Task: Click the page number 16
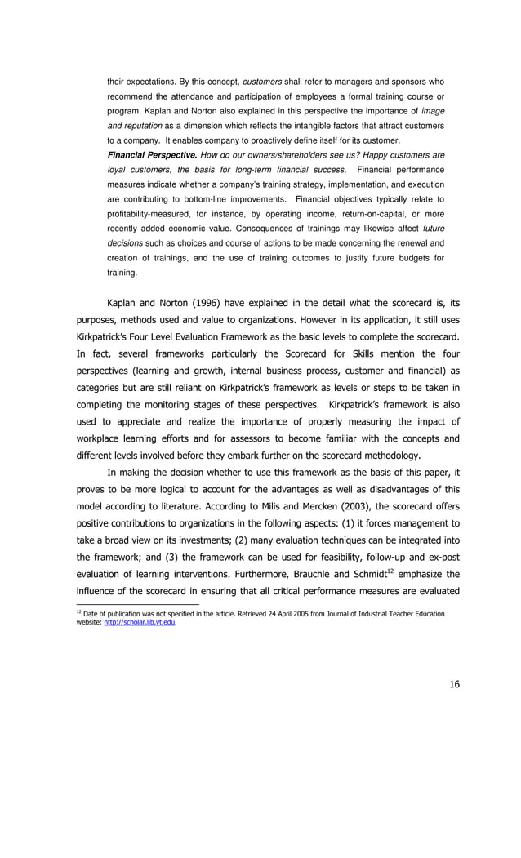pos(454,684)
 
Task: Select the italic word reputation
pos(143,126)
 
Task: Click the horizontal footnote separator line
pos(131,605)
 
